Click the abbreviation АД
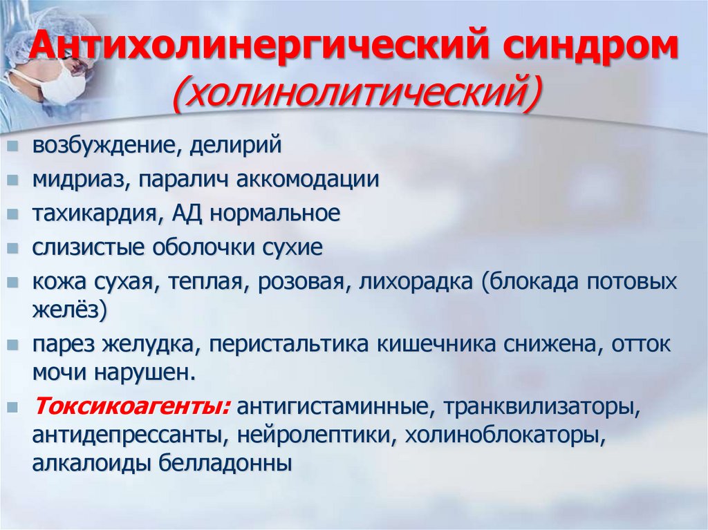tap(187, 214)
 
